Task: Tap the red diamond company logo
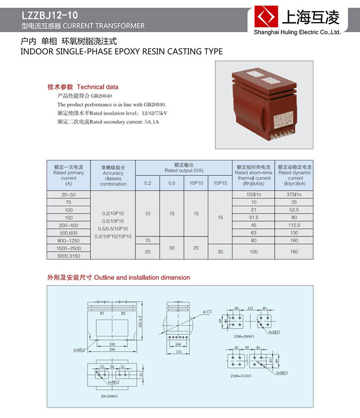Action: point(266,17)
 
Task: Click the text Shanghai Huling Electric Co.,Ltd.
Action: point(296,32)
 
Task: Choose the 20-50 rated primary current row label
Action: point(68,194)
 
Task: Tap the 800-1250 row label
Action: point(68,240)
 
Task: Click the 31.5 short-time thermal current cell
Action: point(253,217)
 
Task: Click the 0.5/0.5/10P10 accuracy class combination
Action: point(113,229)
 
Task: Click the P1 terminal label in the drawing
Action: point(102,313)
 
